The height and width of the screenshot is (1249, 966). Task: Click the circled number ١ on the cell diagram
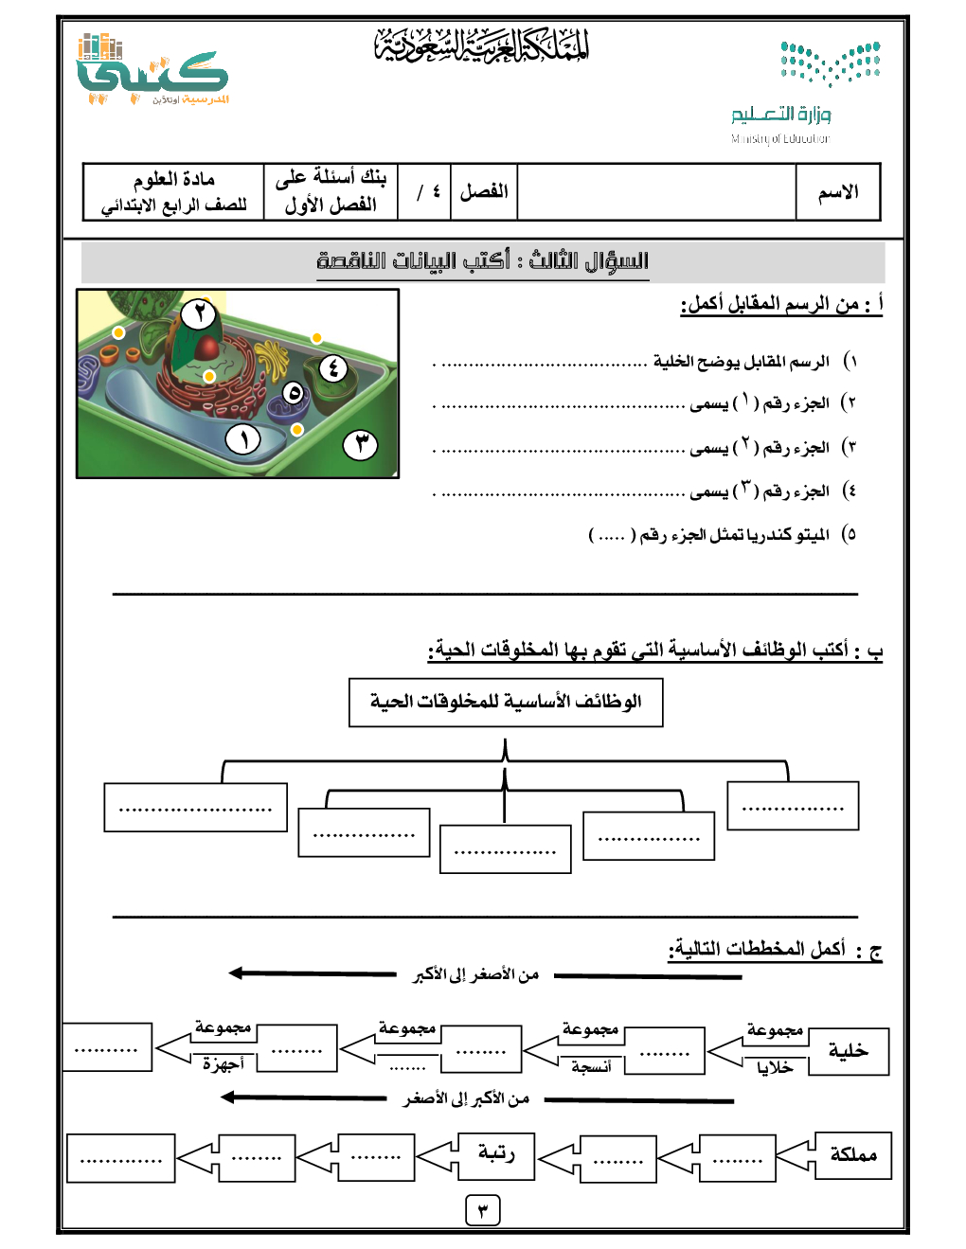coord(243,439)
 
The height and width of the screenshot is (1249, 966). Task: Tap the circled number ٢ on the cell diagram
coord(198,313)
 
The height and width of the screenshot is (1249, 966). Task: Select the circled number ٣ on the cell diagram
coord(360,444)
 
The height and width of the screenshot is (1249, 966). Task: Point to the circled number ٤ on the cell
coord(332,367)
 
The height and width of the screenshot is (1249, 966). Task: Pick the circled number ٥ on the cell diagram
coord(295,393)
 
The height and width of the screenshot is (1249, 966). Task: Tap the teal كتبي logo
coord(152,70)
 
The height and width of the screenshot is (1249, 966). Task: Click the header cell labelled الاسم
coord(838,192)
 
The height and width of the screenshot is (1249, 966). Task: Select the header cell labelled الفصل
coord(484,192)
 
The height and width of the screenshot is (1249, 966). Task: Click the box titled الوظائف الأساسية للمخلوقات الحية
coord(506,703)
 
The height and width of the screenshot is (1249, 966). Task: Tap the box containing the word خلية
coord(848,1051)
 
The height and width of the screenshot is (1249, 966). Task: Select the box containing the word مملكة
coord(852,1155)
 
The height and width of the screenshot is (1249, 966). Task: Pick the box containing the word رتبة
coord(496,1153)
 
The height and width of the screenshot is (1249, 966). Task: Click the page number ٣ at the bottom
coord(483,1210)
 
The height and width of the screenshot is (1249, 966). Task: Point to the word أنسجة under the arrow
coord(591,1067)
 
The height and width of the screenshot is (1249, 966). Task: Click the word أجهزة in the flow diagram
coord(223,1064)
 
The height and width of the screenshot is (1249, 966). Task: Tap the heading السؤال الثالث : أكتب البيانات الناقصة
coord(483,261)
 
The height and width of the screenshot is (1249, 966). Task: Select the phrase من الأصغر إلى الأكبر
coord(475,974)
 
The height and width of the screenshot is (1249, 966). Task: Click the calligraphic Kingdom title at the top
coord(482,45)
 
